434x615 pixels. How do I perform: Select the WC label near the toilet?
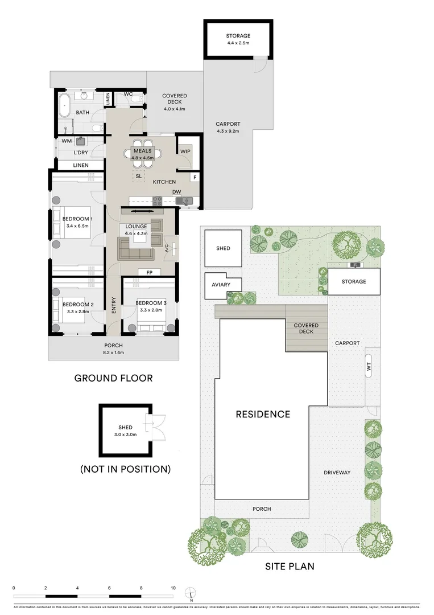point(128,93)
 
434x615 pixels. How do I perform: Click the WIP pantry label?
point(185,151)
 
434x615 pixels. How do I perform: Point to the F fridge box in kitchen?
point(195,178)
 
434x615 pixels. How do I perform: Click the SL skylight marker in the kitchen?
point(138,176)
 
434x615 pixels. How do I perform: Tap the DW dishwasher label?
point(177,192)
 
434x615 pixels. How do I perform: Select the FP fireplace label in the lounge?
point(149,272)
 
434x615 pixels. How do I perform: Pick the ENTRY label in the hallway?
point(114,305)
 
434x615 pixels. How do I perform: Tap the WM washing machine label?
point(67,140)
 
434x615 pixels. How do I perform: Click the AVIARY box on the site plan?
point(223,285)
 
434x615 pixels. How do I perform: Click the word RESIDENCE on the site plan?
point(263,414)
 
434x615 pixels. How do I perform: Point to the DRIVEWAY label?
point(337,473)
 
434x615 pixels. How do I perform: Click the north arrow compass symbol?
point(192,594)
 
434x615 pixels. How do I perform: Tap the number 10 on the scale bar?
point(173,587)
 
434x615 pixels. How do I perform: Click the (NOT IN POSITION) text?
point(125,469)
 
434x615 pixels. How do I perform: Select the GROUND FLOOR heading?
point(114,378)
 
